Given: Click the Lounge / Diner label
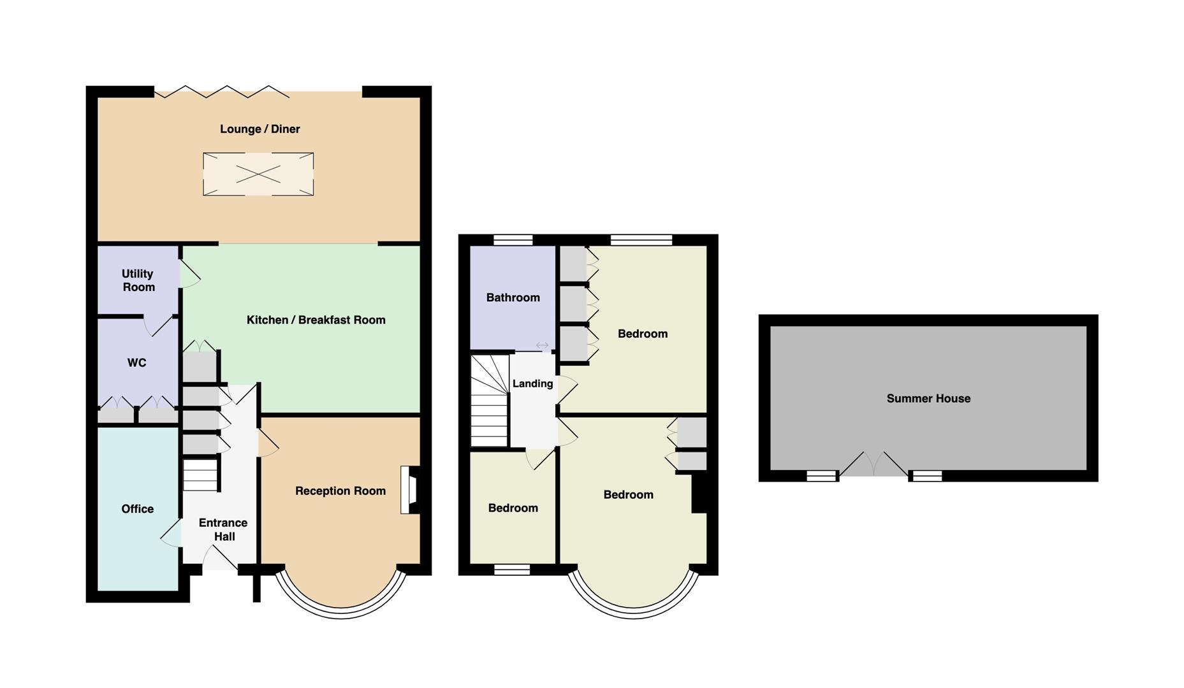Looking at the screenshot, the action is click(x=259, y=129).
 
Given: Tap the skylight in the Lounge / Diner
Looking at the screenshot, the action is click(x=258, y=174).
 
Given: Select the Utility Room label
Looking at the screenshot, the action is click(x=138, y=280).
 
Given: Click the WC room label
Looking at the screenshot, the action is click(x=136, y=363).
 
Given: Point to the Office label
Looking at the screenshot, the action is click(x=138, y=509).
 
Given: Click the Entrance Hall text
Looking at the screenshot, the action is click(x=223, y=530).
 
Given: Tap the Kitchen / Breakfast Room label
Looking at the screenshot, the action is click(x=316, y=320).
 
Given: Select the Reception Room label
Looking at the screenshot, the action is click(x=340, y=491).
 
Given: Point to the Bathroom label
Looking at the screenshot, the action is click(x=513, y=297).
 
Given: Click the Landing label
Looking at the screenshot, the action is click(x=532, y=383).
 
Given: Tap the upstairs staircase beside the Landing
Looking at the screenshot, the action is click(x=490, y=401).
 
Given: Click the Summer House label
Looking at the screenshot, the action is click(x=928, y=399).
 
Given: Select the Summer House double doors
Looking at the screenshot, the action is click(x=874, y=465).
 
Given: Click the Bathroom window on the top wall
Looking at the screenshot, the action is click(x=513, y=240).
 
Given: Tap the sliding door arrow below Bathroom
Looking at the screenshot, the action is click(x=542, y=345).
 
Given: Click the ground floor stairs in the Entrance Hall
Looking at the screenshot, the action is click(x=201, y=475).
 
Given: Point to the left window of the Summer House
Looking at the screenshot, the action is click(x=821, y=475).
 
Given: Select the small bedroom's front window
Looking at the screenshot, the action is click(x=512, y=570).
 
